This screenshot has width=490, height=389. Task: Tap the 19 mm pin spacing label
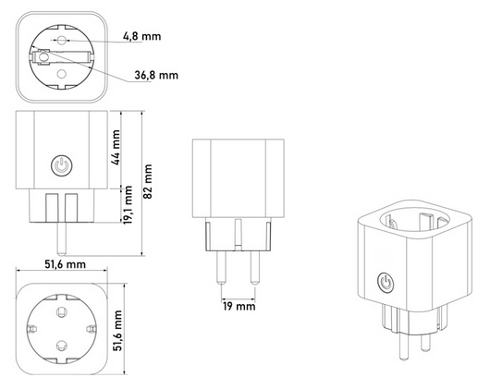click(x=238, y=306)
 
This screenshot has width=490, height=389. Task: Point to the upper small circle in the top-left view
click(x=62, y=41)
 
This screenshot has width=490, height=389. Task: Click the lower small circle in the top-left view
click(x=62, y=73)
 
